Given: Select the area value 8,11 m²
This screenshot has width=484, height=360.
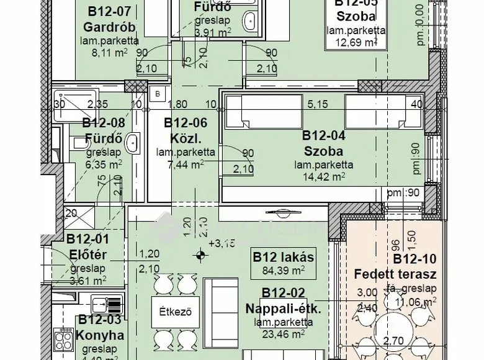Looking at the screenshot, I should coord(109,53).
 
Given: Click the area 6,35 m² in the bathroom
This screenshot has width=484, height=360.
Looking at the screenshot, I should coord(104,164).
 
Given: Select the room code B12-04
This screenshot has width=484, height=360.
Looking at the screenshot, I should coord(323,135).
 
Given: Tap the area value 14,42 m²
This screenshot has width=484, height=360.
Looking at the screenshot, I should coord(323,177).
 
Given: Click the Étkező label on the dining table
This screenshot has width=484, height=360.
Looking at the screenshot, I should coord(169,308).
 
